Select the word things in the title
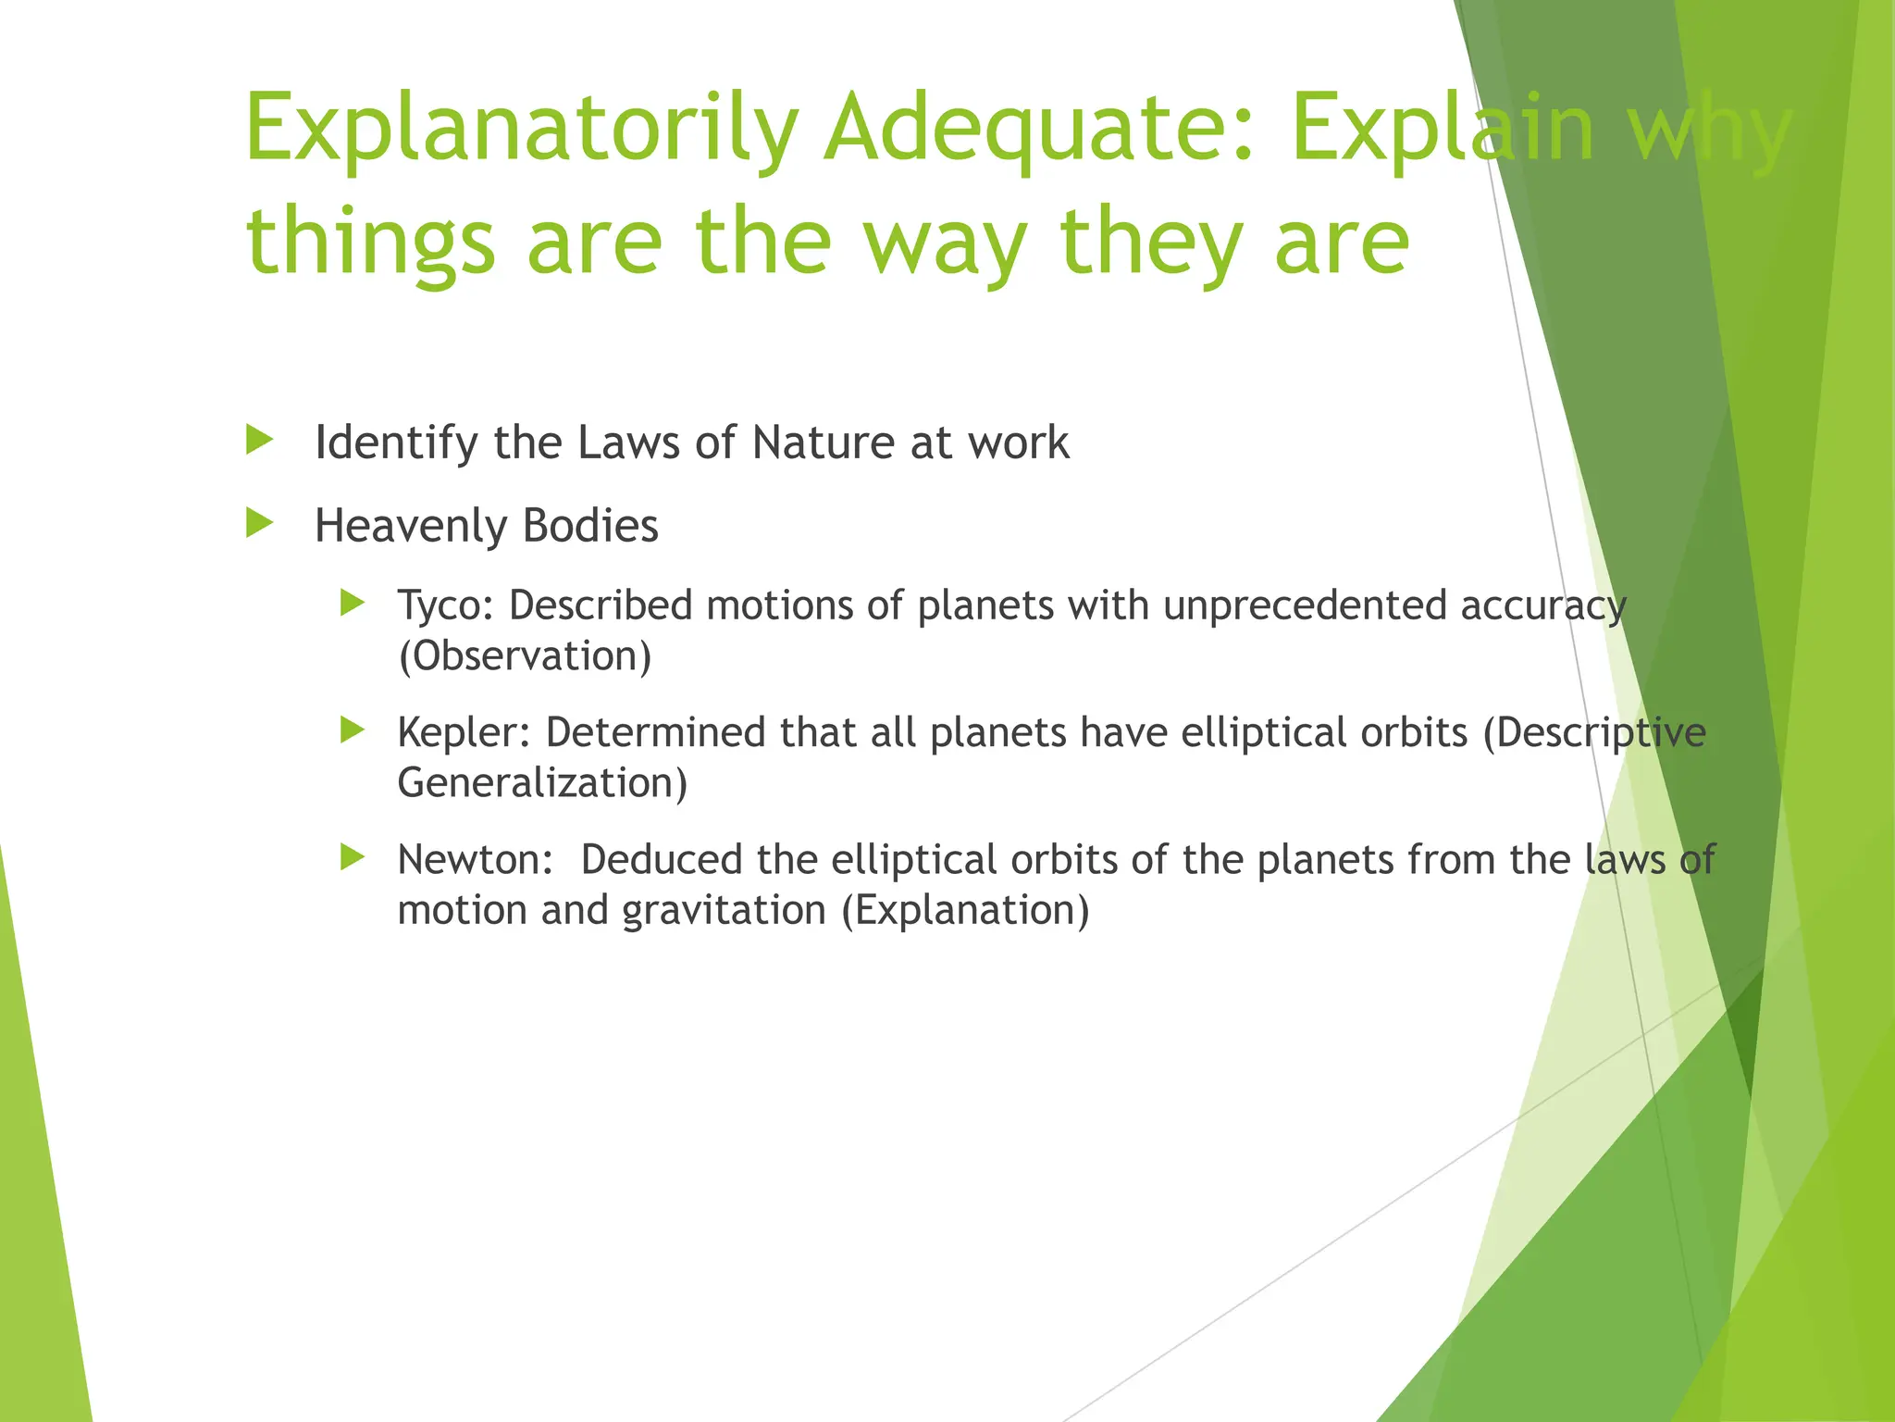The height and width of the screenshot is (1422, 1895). tap(370, 243)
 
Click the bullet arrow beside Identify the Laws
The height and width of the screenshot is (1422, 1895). tap(260, 440)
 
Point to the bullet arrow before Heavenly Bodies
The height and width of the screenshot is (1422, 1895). tap(260, 523)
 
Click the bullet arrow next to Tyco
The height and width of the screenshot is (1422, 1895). tap(353, 604)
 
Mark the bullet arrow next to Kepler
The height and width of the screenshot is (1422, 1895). tap(353, 730)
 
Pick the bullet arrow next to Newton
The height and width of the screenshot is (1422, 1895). tap(353, 857)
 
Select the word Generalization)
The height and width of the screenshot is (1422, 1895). tap(542, 783)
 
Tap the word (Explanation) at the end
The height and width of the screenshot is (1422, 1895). tap(965, 911)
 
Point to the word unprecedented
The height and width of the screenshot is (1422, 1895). tap(1305, 606)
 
